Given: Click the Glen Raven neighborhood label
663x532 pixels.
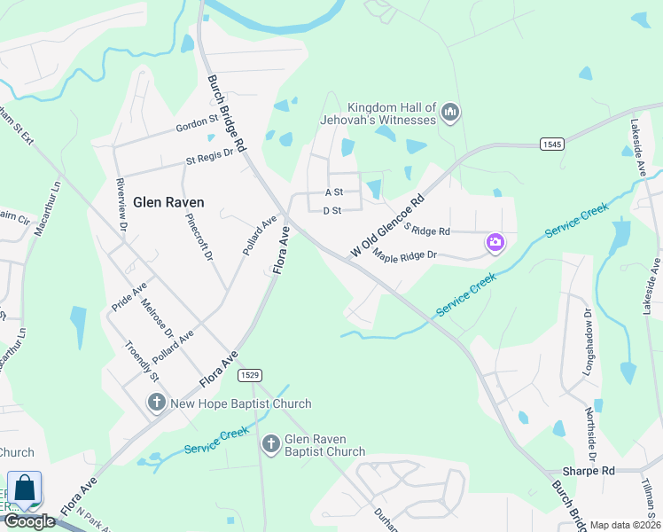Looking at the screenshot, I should (168, 201).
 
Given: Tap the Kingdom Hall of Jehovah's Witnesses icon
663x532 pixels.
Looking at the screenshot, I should (450, 113).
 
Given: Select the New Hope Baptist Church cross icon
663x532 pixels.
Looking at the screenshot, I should (157, 403).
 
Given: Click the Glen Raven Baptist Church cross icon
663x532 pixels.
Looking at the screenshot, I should (271, 442).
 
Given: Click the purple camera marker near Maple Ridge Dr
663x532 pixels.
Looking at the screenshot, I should (495, 242).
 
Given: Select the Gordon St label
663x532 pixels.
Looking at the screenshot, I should (197, 121).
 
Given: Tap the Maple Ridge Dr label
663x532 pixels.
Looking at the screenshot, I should (405, 256).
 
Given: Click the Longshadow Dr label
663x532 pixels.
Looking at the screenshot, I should (587, 340).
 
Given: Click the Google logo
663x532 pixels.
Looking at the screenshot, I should (30, 521).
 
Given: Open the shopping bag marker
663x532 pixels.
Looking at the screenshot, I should (24, 489).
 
